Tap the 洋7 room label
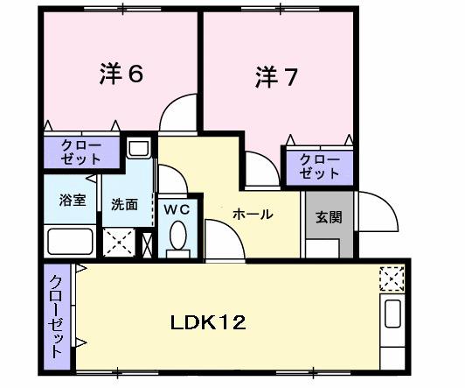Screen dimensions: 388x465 pos(276,77)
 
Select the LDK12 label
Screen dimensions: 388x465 pos(208,321)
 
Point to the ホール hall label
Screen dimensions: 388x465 pos(253,214)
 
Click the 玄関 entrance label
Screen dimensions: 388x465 pos(329,217)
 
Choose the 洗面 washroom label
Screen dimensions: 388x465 pos(124,205)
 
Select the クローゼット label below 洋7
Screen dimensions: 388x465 pos(318,166)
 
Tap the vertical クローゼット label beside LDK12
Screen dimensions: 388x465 pos(55,315)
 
